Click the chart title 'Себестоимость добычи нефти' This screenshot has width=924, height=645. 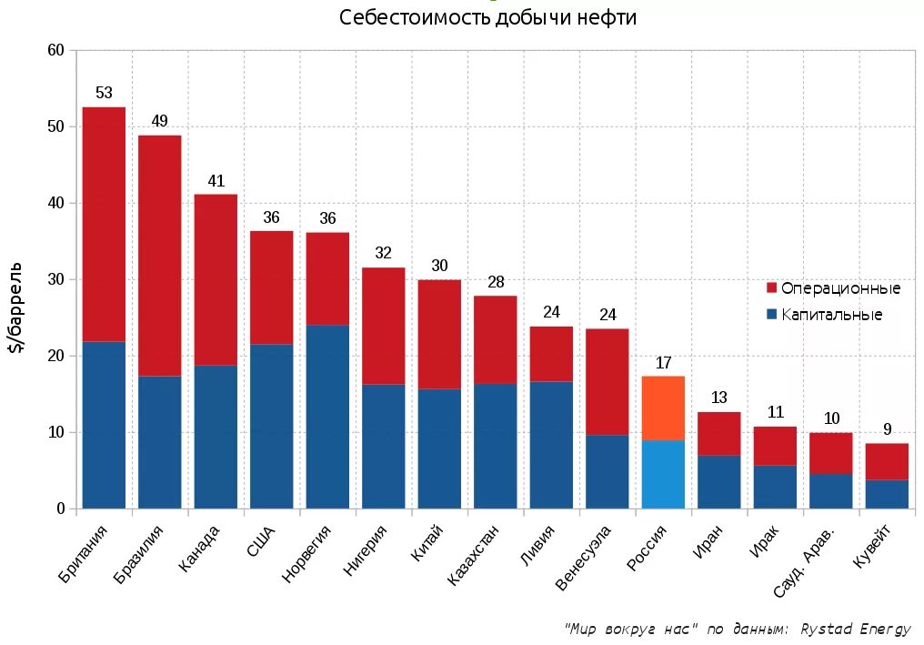pos(487,18)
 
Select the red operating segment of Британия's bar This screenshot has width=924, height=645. pos(104,224)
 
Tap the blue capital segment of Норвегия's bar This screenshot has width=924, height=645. pos(327,416)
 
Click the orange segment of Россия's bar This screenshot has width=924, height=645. pos(663,408)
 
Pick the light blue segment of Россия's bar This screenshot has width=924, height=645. pos(663,474)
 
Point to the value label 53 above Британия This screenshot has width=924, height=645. pos(104,93)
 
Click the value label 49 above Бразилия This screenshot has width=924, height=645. pos(159,121)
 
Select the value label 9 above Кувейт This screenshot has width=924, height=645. pos(887,429)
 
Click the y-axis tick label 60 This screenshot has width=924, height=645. pos(55,50)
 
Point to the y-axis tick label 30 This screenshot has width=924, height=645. pos(55,279)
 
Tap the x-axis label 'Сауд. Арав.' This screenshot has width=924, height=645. pos(804,560)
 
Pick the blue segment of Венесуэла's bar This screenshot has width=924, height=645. pos(607,471)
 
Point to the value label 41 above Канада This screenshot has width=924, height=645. pos(216,181)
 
